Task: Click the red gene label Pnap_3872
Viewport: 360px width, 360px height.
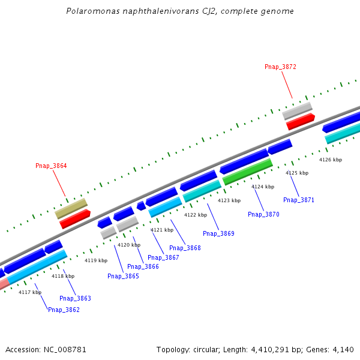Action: [280, 67]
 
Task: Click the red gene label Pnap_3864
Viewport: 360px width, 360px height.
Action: [51, 166]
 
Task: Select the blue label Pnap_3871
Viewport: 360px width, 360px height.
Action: [299, 200]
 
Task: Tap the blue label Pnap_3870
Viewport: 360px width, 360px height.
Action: [263, 214]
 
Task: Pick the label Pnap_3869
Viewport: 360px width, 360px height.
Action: [218, 233]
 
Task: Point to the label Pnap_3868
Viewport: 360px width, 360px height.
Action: [185, 248]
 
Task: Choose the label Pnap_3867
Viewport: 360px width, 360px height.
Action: [163, 257]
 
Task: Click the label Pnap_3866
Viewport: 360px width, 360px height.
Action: [143, 266]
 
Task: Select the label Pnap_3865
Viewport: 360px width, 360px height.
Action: [123, 276]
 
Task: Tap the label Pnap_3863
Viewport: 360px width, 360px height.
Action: [75, 298]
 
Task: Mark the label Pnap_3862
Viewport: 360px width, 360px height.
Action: [64, 310]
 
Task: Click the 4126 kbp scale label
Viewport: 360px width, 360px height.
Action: [331, 160]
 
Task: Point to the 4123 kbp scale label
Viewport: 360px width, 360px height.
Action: [229, 200]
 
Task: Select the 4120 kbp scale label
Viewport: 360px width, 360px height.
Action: [129, 245]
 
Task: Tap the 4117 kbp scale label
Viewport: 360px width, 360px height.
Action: [30, 292]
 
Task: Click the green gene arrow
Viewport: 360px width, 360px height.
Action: [248, 172]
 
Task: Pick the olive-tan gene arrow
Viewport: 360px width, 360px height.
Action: [71, 208]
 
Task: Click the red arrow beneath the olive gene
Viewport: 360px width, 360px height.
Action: [75, 218]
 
